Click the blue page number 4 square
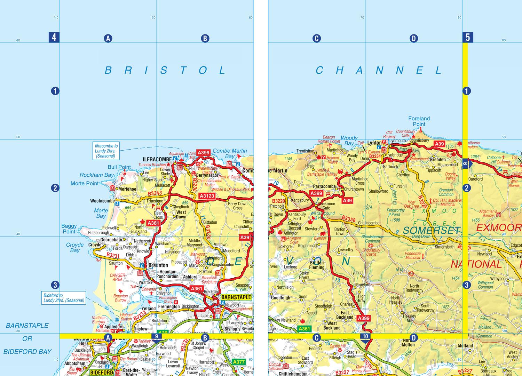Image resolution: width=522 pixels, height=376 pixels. pos(54,37)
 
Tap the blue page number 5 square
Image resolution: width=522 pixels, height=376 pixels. pos(468,37)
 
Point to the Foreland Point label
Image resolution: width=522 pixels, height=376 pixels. pos(419,121)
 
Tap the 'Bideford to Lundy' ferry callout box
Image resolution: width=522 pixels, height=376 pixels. pos(64,298)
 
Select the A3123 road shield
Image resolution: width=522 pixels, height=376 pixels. pos(207,196)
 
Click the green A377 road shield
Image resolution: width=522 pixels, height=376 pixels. pos(239,362)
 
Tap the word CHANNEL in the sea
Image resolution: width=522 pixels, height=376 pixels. pos(379,71)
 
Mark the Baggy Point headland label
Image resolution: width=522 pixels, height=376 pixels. pos(69,229)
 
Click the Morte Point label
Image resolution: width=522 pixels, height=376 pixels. pos(85,183)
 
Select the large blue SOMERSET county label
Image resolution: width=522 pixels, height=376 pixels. pos(432,230)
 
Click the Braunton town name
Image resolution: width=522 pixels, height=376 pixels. pos(158,265)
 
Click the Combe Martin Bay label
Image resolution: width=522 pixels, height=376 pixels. pos(230,153)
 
